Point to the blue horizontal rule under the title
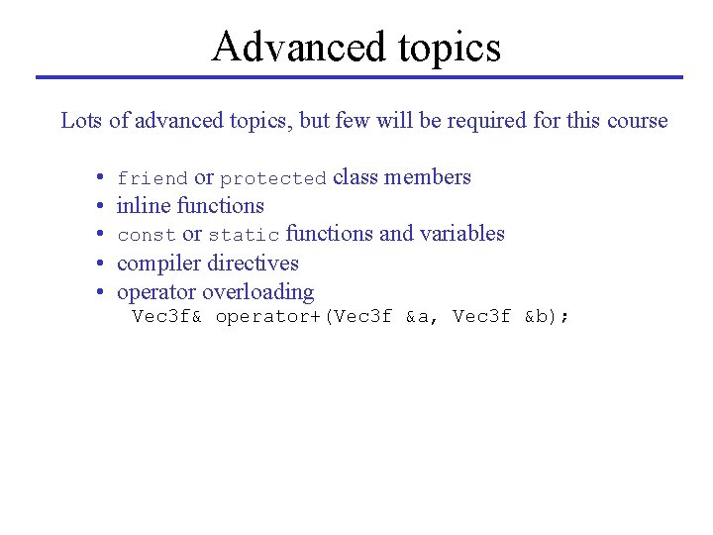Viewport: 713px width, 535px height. pos(358,77)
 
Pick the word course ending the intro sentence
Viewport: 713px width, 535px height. pos(636,121)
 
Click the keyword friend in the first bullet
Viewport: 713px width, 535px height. pos(153,178)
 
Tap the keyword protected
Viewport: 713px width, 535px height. pos(272,178)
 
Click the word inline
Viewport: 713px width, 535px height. pos(144,206)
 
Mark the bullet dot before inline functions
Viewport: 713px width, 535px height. pos(102,207)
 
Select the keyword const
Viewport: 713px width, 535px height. pos(146,235)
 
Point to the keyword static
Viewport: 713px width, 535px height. pos(244,235)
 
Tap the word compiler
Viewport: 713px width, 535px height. pos(157,264)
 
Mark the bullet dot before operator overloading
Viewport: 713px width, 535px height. pos(102,293)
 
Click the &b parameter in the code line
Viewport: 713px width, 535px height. pos(541,317)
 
